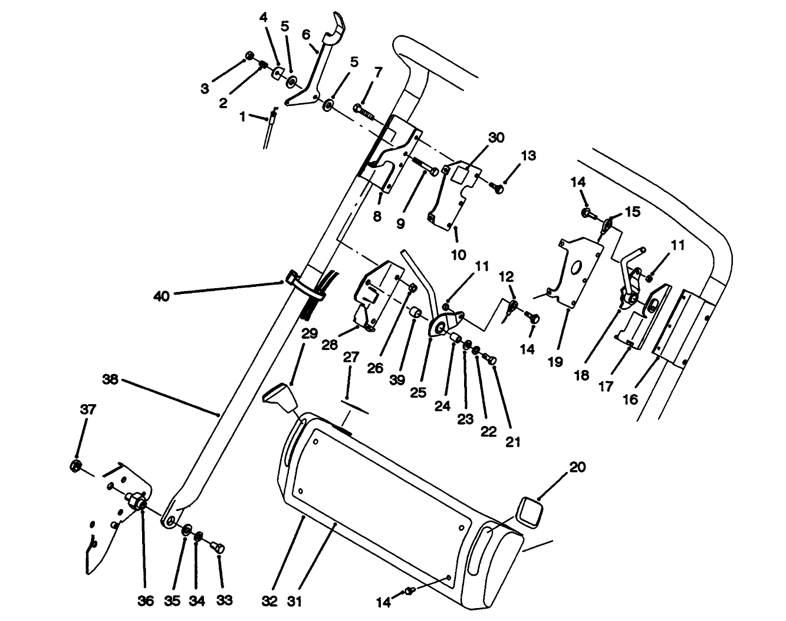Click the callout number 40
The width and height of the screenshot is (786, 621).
pyautogui.click(x=161, y=296)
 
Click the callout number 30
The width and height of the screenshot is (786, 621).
pyautogui.click(x=496, y=137)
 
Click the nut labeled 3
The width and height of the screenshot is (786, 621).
pyautogui.click(x=249, y=56)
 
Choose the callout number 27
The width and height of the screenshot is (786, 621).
pyautogui.click(x=351, y=358)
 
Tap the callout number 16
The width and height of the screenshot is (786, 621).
pyautogui.click(x=630, y=399)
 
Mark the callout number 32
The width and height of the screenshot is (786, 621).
pyautogui.click(x=269, y=601)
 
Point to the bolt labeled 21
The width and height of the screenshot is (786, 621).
pyautogui.click(x=491, y=359)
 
